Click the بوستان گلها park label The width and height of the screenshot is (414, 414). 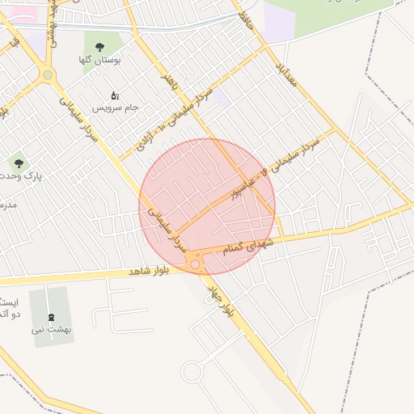(x=100, y=60)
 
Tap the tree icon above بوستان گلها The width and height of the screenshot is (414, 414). (x=99, y=47)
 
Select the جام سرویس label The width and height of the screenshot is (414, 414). (x=116, y=108)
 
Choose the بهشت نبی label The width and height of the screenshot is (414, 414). (x=52, y=329)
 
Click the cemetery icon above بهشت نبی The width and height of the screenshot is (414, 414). (x=53, y=316)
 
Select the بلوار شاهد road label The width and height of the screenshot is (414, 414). (x=150, y=271)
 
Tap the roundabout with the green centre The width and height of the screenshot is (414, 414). (x=48, y=76)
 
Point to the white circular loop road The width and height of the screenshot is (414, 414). (x=192, y=372)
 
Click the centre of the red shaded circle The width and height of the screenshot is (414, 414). (x=207, y=206)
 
